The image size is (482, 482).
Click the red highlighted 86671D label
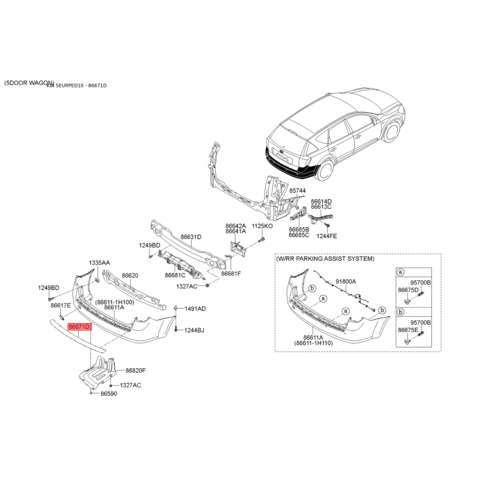tap(79, 327)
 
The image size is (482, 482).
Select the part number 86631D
tap(191, 237)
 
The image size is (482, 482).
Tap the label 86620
tap(130, 275)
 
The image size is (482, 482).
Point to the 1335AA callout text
tap(99, 263)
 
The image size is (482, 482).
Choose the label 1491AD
tap(195, 308)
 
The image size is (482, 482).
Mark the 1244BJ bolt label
tap(195, 330)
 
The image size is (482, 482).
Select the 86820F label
tap(136, 371)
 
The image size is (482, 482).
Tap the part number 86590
tap(108, 393)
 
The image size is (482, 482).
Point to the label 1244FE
tap(327, 236)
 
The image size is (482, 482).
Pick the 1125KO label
tap(262, 225)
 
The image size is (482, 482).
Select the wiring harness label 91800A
tap(346, 281)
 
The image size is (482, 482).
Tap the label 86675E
tap(407, 330)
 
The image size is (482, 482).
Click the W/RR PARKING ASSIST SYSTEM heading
tap(325, 258)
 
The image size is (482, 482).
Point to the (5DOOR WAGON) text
tap(28, 83)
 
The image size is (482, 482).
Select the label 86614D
tap(321, 201)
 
